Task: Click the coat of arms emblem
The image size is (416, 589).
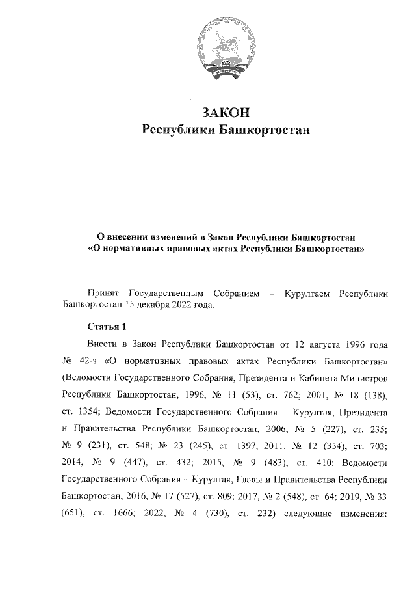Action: (x=222, y=46)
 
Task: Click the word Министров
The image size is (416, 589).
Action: (x=363, y=377)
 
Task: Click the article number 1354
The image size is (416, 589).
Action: (x=86, y=412)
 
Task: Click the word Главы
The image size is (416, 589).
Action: (x=257, y=480)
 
